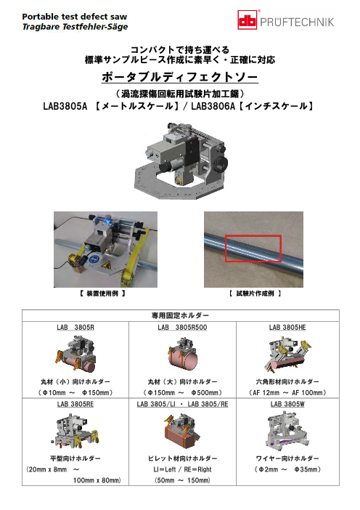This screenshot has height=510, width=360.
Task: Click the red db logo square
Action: click(x=247, y=20)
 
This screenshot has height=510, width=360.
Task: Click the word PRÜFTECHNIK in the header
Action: click(x=297, y=22)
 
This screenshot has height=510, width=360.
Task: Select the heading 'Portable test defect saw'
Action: click(x=75, y=17)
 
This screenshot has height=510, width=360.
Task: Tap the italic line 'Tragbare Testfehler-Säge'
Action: click(x=75, y=27)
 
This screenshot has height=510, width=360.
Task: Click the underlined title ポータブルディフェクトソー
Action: click(x=180, y=77)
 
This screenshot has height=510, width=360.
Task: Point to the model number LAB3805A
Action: click(x=65, y=106)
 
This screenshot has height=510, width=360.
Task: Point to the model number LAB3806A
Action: click(x=213, y=106)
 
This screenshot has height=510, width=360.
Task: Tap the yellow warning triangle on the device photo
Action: click(x=106, y=266)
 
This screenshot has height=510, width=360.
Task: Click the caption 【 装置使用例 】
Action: click(x=102, y=294)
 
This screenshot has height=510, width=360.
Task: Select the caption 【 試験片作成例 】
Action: click(x=255, y=294)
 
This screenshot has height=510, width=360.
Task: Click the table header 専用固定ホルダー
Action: click(x=180, y=315)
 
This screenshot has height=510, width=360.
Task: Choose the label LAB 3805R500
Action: click(x=182, y=327)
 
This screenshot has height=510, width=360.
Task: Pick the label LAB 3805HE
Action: click(x=287, y=327)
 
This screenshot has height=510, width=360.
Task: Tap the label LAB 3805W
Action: click(x=287, y=404)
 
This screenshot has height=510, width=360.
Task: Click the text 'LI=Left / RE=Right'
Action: click(x=182, y=469)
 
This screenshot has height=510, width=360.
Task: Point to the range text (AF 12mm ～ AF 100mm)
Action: click(x=287, y=392)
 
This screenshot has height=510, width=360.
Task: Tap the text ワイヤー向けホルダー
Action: click(x=287, y=458)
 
